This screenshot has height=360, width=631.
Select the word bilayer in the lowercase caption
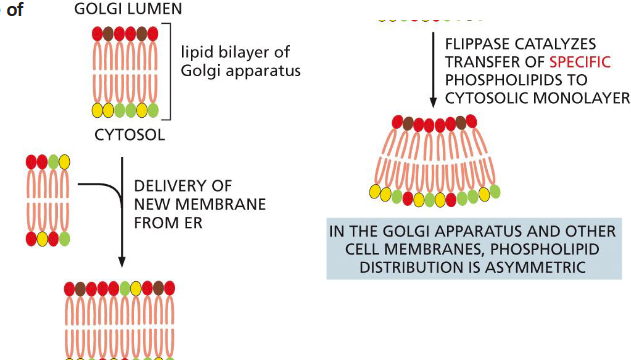[x=242, y=54]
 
